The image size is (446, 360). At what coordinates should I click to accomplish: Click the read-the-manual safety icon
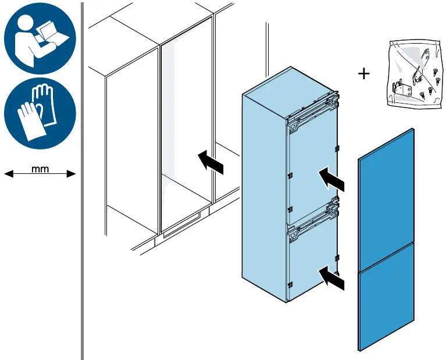(40, 38)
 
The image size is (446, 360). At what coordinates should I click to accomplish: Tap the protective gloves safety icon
(40, 113)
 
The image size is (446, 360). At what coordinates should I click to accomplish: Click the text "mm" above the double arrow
(40, 169)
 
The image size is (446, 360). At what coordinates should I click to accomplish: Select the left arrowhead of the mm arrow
(9, 173)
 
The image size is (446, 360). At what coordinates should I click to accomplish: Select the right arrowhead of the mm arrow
(71, 173)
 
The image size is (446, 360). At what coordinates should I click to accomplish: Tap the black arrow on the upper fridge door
(331, 179)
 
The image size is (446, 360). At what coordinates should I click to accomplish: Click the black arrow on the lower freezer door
(331, 278)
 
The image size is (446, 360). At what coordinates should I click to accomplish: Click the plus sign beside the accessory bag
(363, 74)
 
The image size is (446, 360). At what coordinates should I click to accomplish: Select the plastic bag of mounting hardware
(415, 74)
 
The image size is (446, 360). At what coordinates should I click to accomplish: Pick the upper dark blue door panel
(386, 199)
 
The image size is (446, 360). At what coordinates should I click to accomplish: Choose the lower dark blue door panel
(386, 297)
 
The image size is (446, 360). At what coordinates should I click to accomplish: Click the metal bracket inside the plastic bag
(401, 89)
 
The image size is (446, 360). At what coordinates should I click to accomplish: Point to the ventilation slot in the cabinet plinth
(181, 225)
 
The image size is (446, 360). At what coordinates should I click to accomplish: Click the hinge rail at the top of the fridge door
(313, 112)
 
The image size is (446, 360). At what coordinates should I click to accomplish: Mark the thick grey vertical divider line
(83, 181)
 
